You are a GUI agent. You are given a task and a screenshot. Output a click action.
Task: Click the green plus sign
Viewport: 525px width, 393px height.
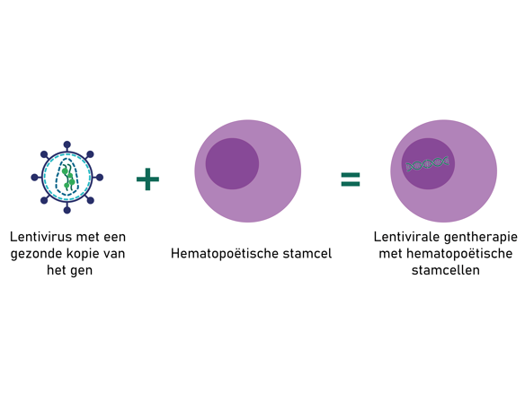tap(147, 179)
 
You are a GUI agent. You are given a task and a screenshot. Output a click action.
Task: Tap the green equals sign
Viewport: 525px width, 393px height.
tap(351, 179)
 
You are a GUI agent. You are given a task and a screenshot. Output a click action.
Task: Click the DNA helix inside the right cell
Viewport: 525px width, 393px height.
tap(427, 163)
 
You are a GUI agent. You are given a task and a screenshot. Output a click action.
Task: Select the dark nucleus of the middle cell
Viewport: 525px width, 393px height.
tap(232, 163)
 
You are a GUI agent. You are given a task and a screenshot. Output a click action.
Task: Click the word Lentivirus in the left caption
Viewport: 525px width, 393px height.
tap(41, 237)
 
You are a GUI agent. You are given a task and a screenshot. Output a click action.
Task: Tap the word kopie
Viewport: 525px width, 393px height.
tap(83, 254)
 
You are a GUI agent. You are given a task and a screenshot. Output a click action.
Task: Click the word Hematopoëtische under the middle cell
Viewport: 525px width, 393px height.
tap(225, 254)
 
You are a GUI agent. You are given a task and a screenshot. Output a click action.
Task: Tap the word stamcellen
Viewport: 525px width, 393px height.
tap(446, 270)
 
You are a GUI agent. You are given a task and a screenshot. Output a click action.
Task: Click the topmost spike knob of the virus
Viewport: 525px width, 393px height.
tap(67, 144)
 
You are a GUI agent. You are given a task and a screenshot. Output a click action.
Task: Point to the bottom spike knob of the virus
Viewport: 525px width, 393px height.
tap(67, 210)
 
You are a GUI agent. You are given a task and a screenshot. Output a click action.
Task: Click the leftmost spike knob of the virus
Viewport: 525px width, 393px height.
tap(34, 178)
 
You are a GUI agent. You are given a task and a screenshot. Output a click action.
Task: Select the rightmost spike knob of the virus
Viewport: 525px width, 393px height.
tap(100, 178)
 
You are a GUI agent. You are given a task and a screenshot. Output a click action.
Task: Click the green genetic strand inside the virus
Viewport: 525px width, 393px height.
tap(68, 177)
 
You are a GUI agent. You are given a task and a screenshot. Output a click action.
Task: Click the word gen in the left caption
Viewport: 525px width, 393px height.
tap(82, 271)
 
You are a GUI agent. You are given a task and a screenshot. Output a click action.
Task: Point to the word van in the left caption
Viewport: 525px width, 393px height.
tap(114, 254)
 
